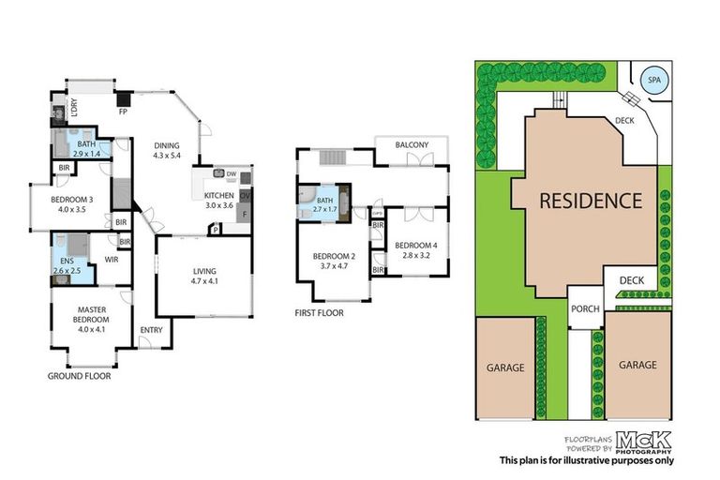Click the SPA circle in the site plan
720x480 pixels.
(653, 79)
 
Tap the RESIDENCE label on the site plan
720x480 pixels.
(590, 200)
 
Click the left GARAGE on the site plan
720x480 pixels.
(505, 367)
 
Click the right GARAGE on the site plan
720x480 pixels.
(637, 365)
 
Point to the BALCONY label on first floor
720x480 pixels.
(412, 144)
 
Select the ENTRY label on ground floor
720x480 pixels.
(150, 330)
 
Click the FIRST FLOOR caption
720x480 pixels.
(319, 313)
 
